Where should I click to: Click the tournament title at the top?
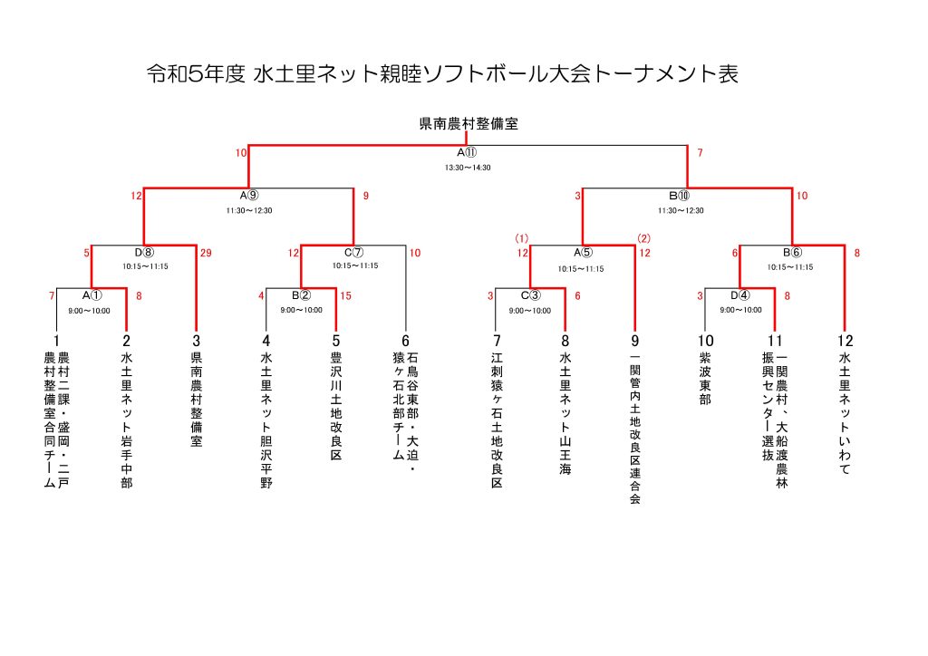click(x=442, y=74)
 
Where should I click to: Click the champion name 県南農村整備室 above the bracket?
click(x=468, y=124)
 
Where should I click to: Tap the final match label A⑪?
click(x=468, y=153)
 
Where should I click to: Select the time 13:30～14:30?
click(x=468, y=168)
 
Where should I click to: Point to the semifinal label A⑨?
click(x=249, y=196)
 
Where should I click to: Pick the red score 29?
click(x=206, y=253)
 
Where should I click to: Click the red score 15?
click(x=345, y=295)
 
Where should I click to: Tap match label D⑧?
click(x=145, y=253)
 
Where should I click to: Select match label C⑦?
click(x=353, y=253)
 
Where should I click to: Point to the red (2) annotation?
click(x=643, y=238)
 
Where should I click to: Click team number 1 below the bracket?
click(x=56, y=341)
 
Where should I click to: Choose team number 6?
click(x=405, y=341)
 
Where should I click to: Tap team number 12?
click(x=845, y=341)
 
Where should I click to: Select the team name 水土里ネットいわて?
click(x=845, y=414)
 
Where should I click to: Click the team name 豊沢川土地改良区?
click(x=336, y=407)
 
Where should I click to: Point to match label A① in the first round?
click(x=91, y=295)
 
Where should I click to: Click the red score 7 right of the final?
click(x=700, y=153)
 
